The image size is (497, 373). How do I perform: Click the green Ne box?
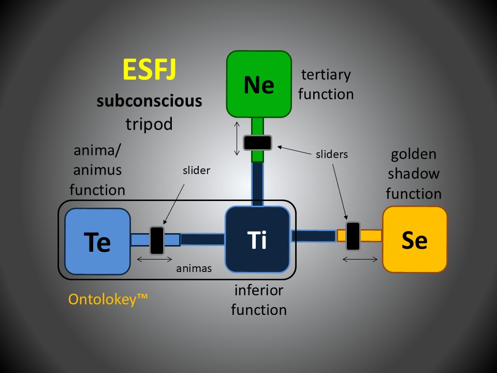[259, 83]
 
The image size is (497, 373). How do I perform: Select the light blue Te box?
[97, 241]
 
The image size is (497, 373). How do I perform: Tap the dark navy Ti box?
[257, 239]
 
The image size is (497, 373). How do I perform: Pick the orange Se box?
[414, 239]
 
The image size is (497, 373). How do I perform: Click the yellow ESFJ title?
[150, 70]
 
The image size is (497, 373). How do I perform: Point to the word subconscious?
[150, 101]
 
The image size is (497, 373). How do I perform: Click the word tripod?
[149, 124]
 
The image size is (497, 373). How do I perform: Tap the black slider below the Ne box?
[258, 142]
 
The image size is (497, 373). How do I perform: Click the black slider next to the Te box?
[157, 240]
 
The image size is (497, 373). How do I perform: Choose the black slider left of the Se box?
[353, 236]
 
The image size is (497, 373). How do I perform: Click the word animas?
[193, 268]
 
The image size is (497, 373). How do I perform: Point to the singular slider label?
[197, 170]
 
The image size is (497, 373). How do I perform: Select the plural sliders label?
[331, 154]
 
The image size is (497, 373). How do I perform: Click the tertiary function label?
[326, 84]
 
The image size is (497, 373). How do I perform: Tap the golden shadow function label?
[414, 174]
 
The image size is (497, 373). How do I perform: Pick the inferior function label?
[258, 300]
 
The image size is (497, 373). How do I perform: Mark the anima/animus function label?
[97, 171]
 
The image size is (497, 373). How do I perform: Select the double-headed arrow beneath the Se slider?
[360, 259]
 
